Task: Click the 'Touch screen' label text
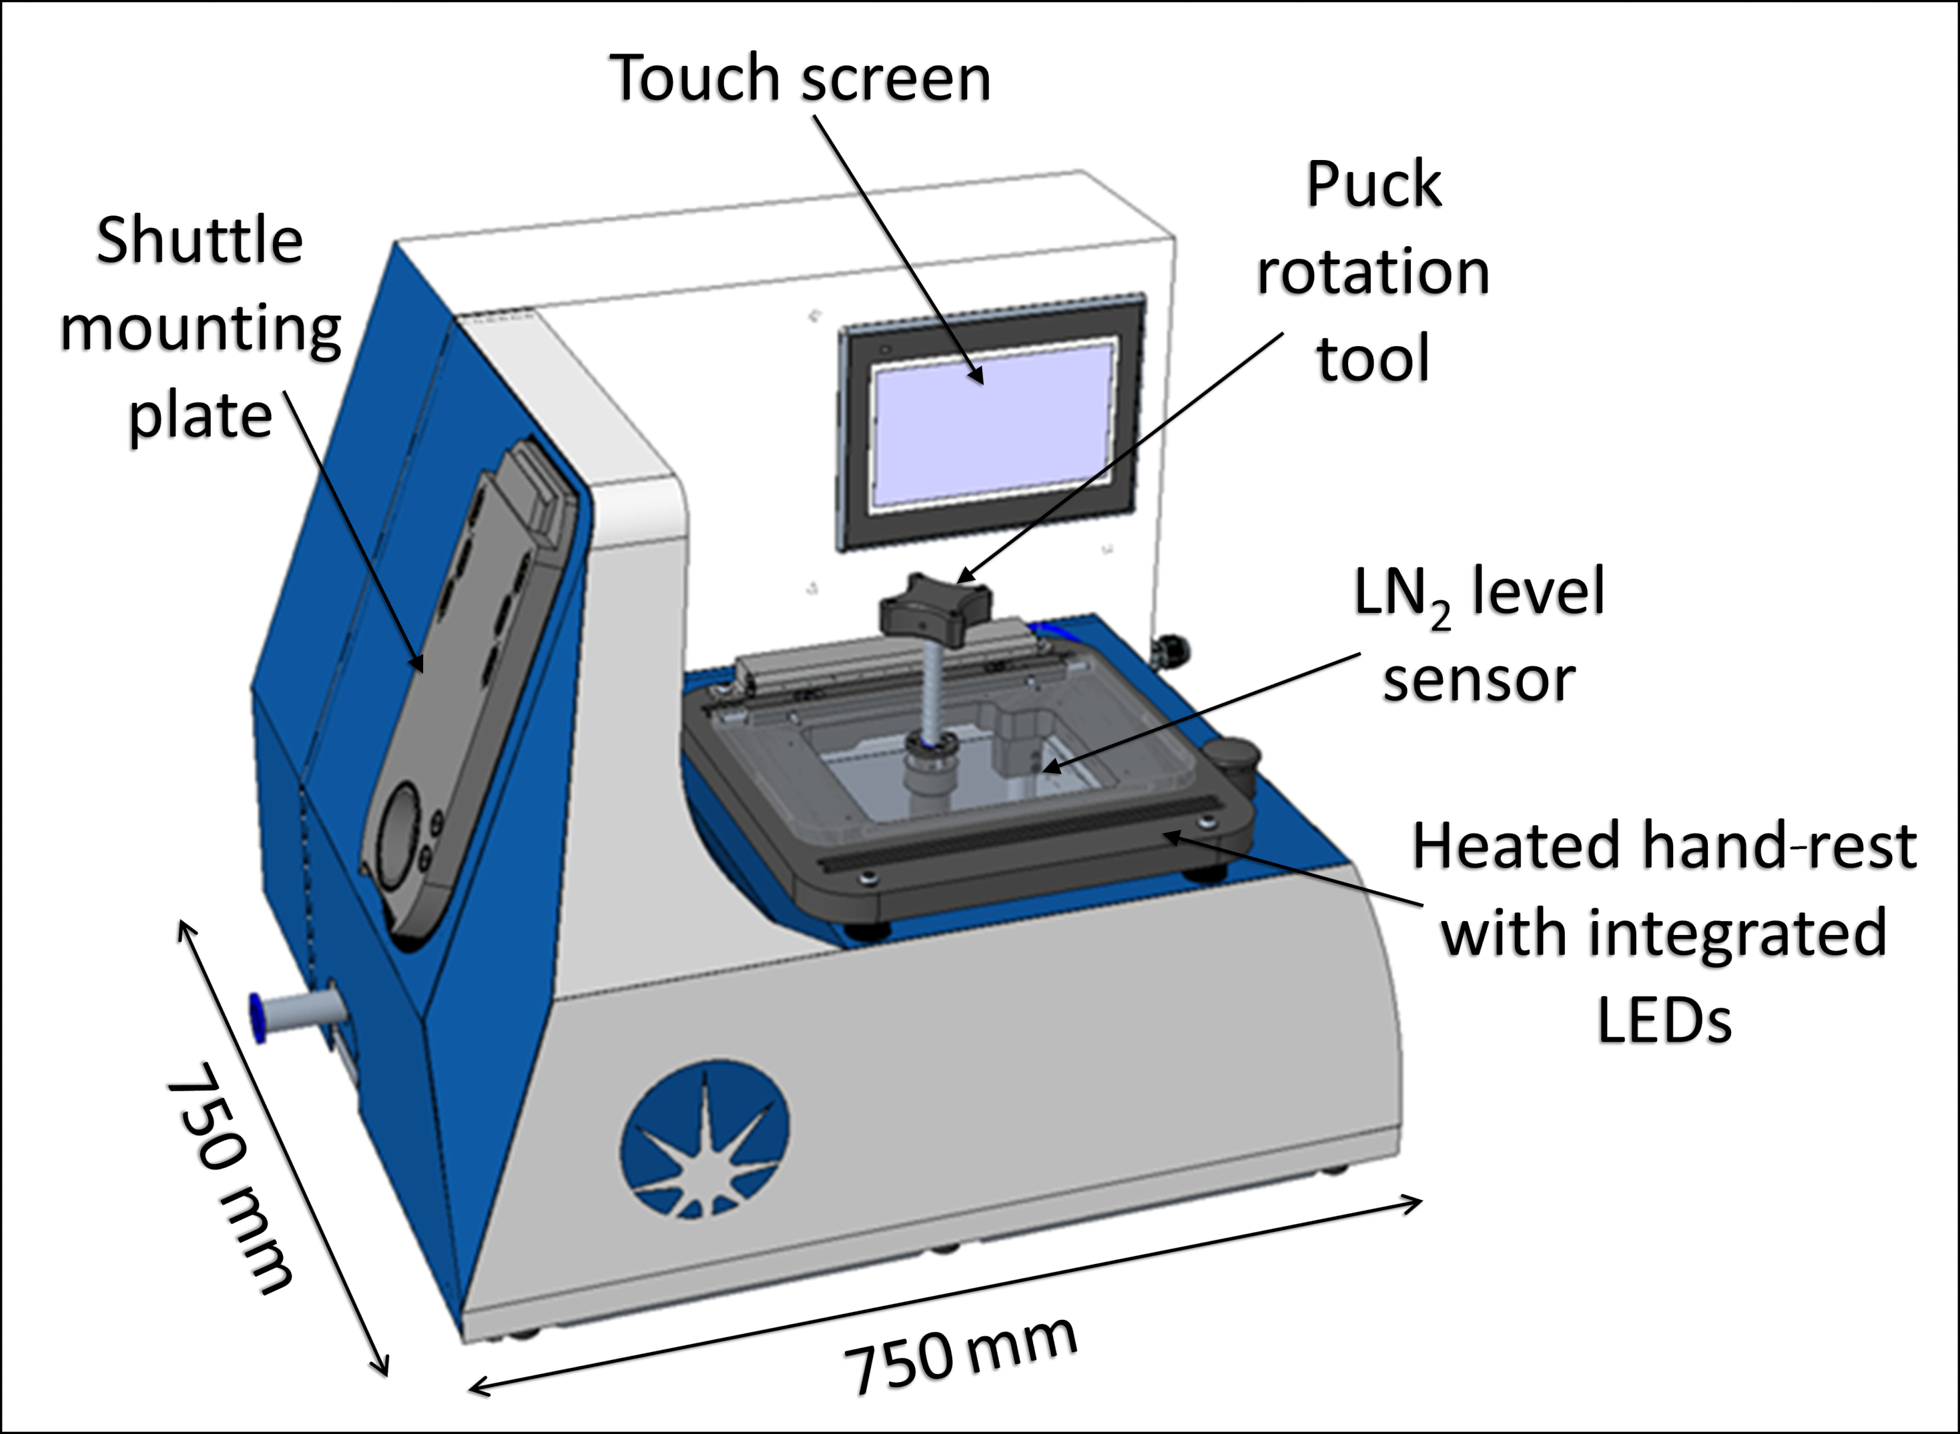[801, 78]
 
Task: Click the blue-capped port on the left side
[258, 1016]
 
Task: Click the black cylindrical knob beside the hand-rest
[1233, 760]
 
